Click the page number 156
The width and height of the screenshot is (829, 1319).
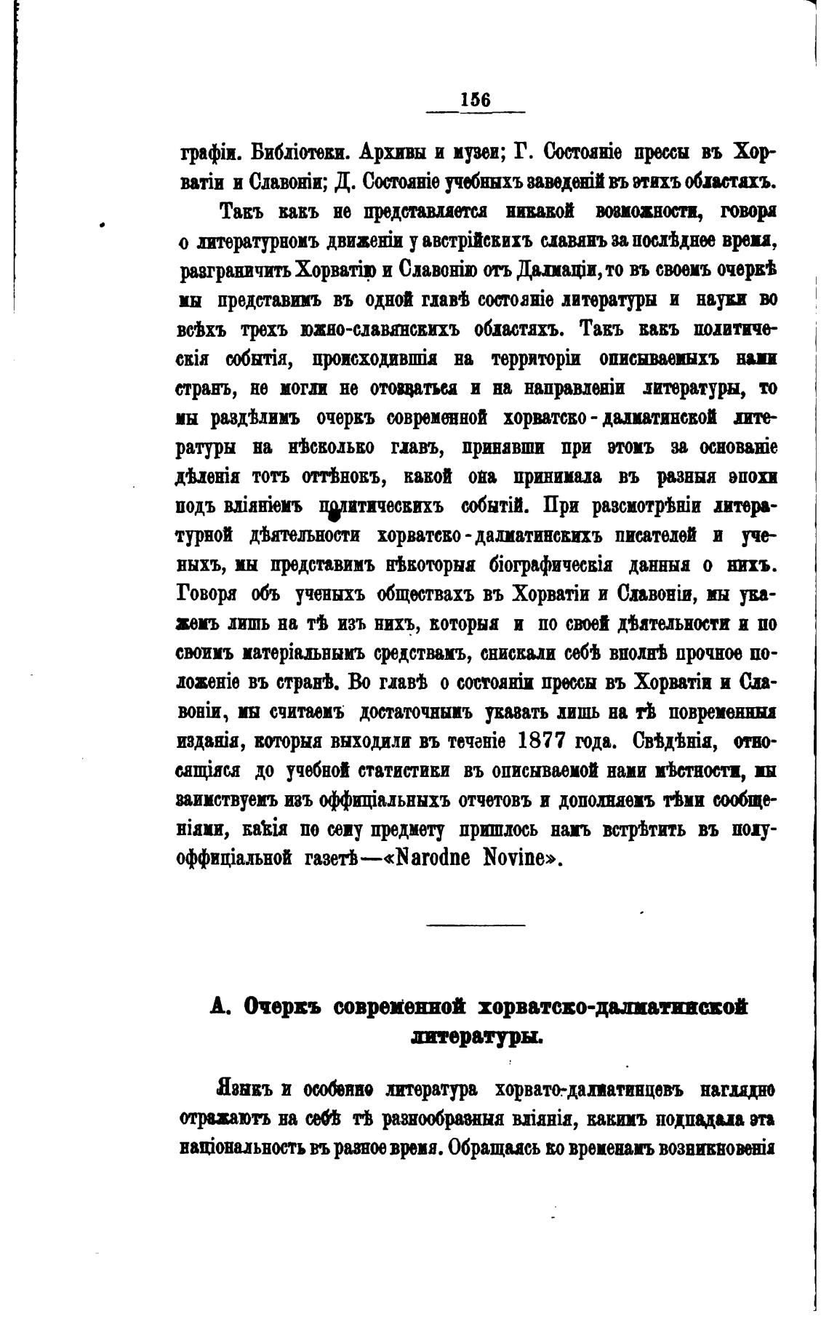pos(476,100)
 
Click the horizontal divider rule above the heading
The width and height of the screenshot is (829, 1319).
pos(476,925)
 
